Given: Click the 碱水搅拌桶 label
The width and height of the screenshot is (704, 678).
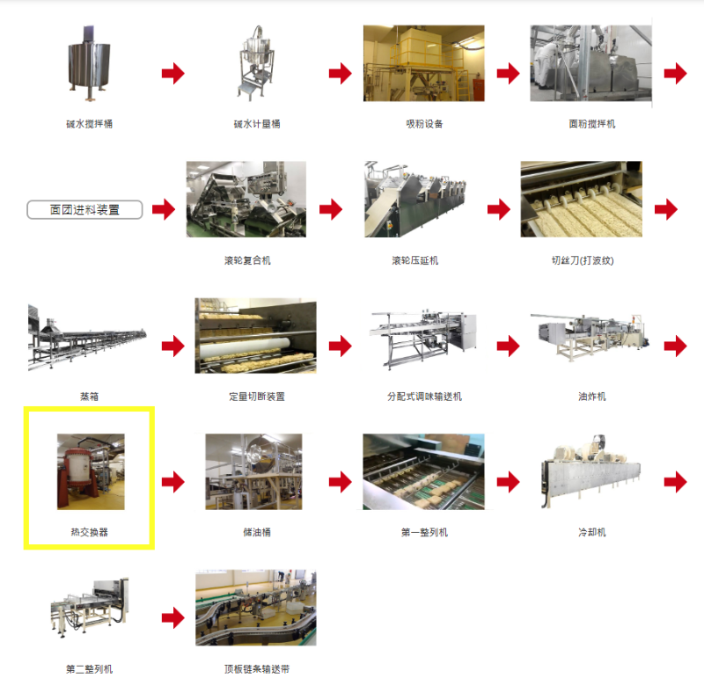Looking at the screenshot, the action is pos(90,124).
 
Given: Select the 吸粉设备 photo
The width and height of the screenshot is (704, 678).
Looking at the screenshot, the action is pos(424,63).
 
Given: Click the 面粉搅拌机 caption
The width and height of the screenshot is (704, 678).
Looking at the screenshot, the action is pos(591,124).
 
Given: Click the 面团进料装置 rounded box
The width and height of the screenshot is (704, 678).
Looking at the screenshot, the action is pos(84,209).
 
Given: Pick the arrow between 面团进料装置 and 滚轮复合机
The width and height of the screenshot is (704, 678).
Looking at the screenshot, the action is pos(164,209).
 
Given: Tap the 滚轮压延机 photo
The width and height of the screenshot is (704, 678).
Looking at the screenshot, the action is pos(415,200).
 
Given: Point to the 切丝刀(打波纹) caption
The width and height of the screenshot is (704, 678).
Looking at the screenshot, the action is pos(583,260).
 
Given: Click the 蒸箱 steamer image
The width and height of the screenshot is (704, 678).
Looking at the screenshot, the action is pos(87,338).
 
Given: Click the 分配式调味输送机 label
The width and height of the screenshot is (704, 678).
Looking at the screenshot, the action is pos(424,397).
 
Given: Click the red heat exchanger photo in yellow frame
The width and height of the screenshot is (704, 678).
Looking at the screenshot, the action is pos(91,471).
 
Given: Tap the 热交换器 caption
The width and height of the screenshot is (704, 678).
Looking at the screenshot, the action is pos(90,532).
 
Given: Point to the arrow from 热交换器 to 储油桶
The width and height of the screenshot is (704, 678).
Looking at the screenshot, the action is pos(173,482).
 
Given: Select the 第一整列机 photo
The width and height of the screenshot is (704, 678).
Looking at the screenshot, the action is pos(424,471).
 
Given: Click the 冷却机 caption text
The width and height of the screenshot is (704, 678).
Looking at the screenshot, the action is pos(591,532).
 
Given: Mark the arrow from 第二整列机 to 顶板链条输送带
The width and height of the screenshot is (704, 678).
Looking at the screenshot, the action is pos(173,618).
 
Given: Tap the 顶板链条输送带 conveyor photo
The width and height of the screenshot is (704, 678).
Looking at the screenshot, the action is pos(256,608).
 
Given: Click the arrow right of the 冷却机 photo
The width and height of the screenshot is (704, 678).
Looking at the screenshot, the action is pos(675,482).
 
